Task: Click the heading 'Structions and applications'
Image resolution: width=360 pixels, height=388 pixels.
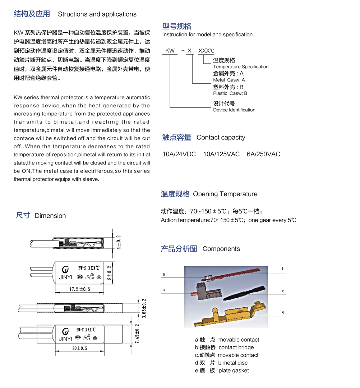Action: [x=97, y=14]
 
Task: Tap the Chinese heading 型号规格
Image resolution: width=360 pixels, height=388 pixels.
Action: [x=177, y=26]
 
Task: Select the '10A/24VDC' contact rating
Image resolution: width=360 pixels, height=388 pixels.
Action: [x=179, y=154]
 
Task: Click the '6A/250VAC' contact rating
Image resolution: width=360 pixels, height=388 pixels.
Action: [x=263, y=154]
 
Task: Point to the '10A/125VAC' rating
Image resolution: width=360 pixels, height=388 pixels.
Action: [x=221, y=154]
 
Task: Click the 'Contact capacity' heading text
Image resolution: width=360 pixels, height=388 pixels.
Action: [x=221, y=137]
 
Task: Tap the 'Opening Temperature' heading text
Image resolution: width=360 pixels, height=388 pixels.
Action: [x=225, y=194]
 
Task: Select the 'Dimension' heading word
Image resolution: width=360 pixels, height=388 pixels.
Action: [x=50, y=216]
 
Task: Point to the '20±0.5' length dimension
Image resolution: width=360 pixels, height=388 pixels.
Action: [x=79, y=348]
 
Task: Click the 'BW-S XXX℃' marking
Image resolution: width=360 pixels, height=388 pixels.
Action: [x=89, y=268]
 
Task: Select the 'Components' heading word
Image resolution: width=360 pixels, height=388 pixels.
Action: [x=221, y=249]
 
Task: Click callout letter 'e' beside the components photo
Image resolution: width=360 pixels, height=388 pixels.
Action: [x=283, y=312]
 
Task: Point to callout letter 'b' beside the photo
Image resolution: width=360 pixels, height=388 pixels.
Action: [x=283, y=269]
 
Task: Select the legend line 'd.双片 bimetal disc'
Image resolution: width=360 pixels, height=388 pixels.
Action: [x=221, y=363]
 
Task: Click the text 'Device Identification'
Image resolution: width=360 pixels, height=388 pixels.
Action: [x=234, y=110]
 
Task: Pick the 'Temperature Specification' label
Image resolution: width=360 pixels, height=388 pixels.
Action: [x=241, y=67]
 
